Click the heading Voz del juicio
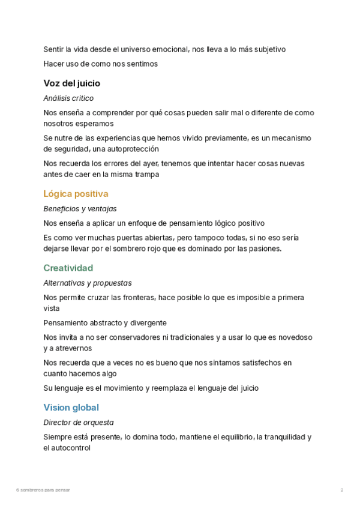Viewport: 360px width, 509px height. click(72, 83)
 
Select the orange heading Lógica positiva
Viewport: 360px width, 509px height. click(76, 194)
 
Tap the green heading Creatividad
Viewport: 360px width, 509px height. click(68, 268)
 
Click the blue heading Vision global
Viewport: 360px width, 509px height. click(71, 408)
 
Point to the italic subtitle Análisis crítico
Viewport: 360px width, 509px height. click(68, 98)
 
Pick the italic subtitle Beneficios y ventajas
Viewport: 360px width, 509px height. click(80, 209)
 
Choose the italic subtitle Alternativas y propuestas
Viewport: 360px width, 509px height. click(88, 283)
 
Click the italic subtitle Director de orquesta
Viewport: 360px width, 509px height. click(79, 423)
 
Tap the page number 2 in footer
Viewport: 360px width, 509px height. click(342, 490)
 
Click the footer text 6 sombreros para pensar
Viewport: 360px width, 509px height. click(43, 490)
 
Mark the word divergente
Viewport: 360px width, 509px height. click(147, 323)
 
